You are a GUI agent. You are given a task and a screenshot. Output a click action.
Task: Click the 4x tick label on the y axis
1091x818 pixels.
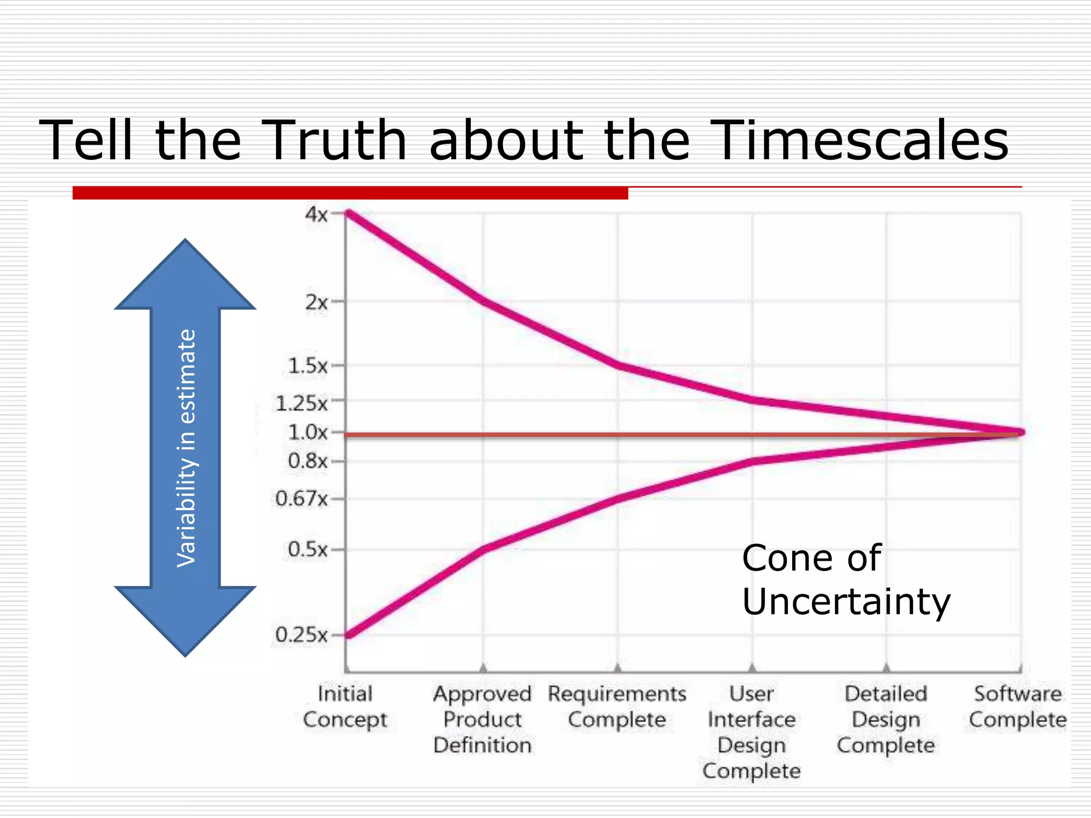(x=316, y=215)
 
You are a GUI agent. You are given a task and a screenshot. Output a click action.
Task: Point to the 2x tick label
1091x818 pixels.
(x=316, y=302)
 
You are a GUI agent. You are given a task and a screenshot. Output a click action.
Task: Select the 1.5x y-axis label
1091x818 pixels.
(x=307, y=366)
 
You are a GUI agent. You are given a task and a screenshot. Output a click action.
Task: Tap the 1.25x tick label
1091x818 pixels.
(x=302, y=403)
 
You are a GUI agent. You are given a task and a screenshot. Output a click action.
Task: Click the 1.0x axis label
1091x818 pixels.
(x=307, y=432)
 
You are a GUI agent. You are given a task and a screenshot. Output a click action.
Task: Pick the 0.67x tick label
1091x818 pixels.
(x=302, y=499)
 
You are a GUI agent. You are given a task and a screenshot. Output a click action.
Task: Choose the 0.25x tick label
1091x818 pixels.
(x=302, y=635)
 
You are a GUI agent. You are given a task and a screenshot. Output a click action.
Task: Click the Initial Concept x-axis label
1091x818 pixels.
(x=345, y=707)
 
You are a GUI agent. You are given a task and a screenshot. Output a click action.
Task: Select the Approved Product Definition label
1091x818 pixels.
(x=483, y=719)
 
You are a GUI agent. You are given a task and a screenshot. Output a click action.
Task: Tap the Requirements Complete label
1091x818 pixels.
(x=617, y=707)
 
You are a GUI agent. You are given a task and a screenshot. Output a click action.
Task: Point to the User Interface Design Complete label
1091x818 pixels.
(x=752, y=732)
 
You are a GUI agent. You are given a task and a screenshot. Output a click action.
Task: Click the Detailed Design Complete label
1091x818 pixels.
(x=886, y=719)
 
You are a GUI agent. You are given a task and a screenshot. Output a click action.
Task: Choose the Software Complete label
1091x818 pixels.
(x=1017, y=707)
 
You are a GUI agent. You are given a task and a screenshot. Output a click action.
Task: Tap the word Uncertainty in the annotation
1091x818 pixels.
(x=846, y=602)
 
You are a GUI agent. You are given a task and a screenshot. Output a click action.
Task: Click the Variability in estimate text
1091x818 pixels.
(x=186, y=448)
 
